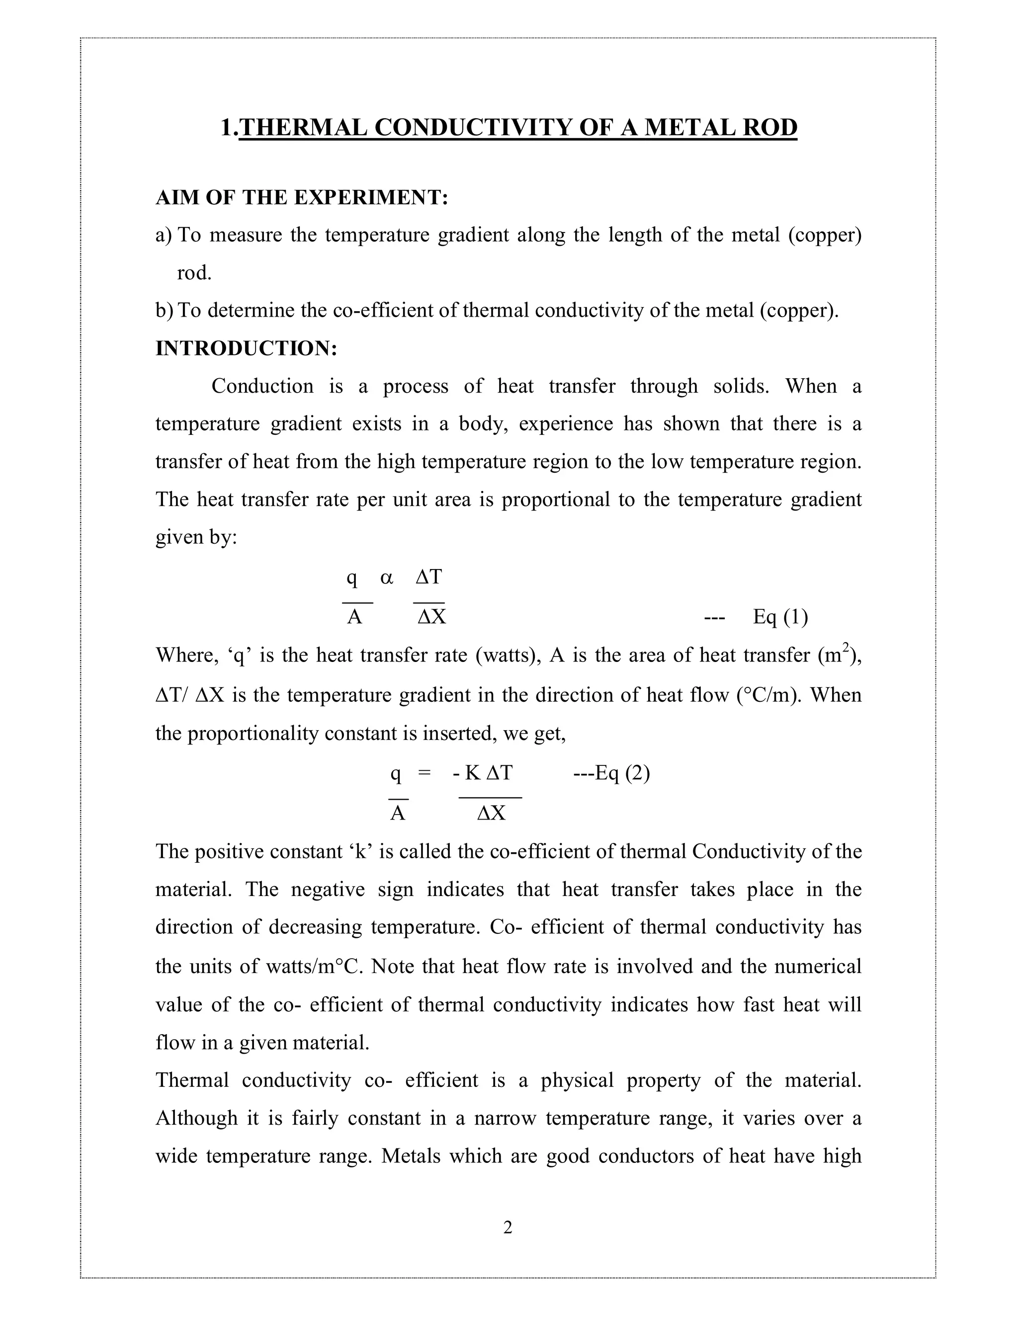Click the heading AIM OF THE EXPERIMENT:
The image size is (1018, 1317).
[302, 197]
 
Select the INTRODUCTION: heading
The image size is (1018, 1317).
[246, 348]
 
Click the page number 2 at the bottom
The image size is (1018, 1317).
[508, 1227]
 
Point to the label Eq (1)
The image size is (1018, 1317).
[780, 617]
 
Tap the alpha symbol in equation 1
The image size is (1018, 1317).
[387, 577]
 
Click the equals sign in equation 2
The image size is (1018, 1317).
[424, 772]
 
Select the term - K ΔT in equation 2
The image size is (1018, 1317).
[483, 772]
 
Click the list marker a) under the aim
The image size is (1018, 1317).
[164, 235]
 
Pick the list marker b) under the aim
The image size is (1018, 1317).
[164, 311]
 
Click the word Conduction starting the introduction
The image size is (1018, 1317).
[262, 386]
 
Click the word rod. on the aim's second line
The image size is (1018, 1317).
[194, 273]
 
